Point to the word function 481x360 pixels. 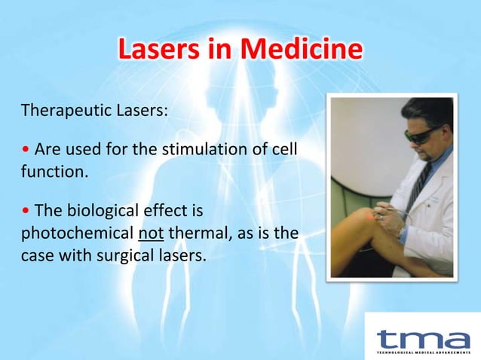(x=54, y=172)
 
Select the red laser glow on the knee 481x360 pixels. (x=354, y=217)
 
